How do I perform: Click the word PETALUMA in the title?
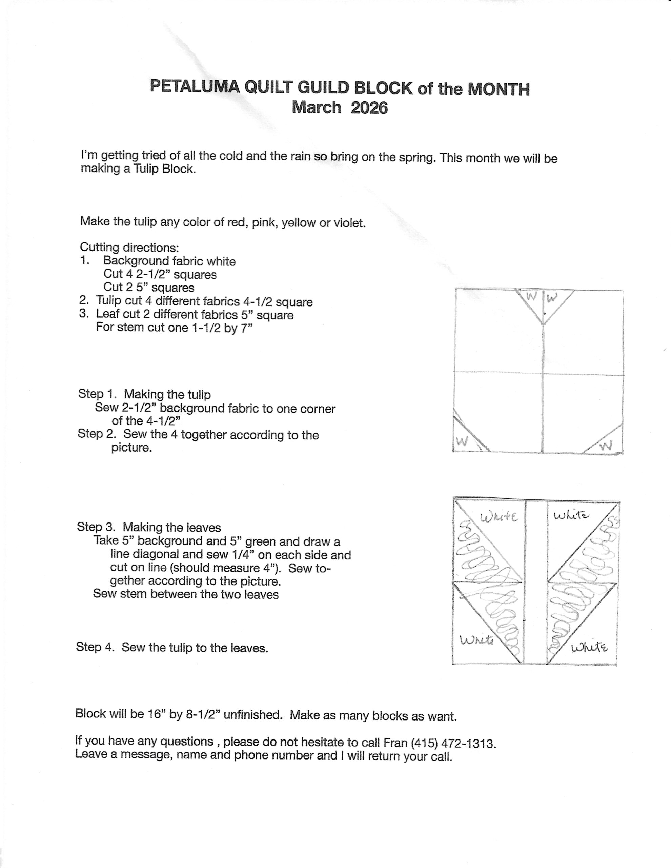pyautogui.click(x=195, y=87)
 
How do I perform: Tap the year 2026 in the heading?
pyautogui.click(x=369, y=108)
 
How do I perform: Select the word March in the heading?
pyautogui.click(x=316, y=107)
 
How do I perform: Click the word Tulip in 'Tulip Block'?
pyautogui.click(x=146, y=169)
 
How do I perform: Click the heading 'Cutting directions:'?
pyautogui.click(x=129, y=248)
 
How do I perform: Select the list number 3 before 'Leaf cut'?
pyautogui.click(x=83, y=314)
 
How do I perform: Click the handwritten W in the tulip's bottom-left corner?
pyautogui.click(x=462, y=441)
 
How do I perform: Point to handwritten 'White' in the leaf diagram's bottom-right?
pyautogui.click(x=589, y=648)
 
